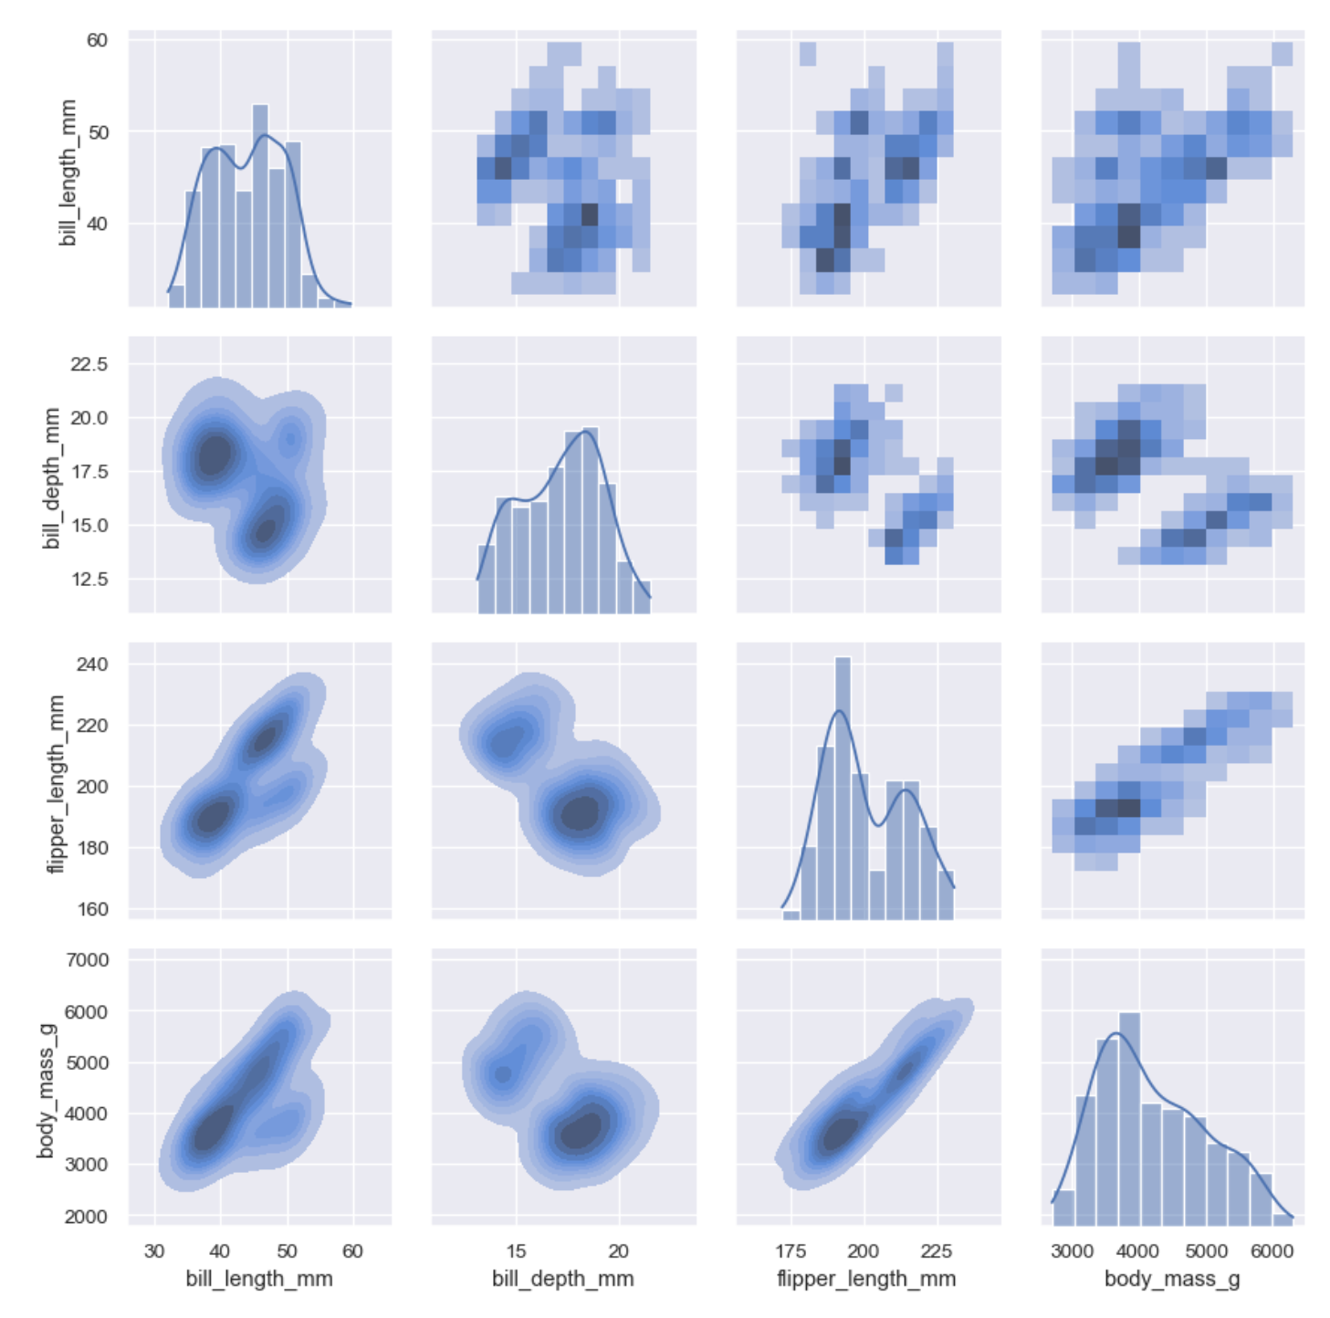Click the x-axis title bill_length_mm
pyautogui.click(x=259, y=1279)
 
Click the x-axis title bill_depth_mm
pyautogui.click(x=562, y=1279)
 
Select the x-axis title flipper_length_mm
pyautogui.click(x=866, y=1279)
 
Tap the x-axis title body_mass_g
pyautogui.click(x=1172, y=1279)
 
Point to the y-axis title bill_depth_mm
pyautogui.click(x=51, y=477)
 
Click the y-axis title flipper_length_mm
pyautogui.click(x=57, y=782)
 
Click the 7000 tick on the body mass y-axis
pyautogui.click(x=87, y=960)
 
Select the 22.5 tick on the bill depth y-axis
pyautogui.click(x=89, y=364)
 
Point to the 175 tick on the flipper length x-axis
pyautogui.click(x=791, y=1250)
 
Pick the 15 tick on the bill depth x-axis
pyautogui.click(x=517, y=1250)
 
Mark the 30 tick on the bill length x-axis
pyautogui.click(x=154, y=1250)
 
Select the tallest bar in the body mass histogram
pyautogui.click(x=1129, y=1117)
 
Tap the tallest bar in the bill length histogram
pyautogui.click(x=260, y=205)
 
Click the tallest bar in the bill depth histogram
pyautogui.click(x=590, y=519)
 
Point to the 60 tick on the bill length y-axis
pyautogui.click(x=97, y=40)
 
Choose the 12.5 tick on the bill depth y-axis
pyautogui.click(x=89, y=580)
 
